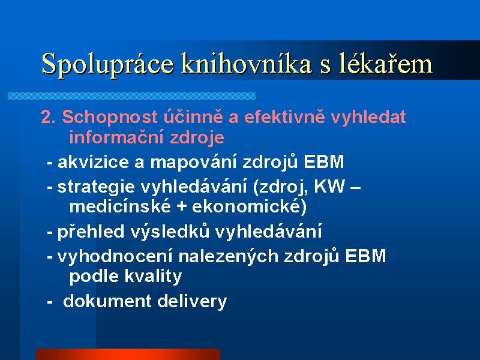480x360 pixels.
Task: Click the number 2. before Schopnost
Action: (49, 117)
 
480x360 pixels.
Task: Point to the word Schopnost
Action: (110, 118)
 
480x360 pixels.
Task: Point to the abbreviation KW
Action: (329, 187)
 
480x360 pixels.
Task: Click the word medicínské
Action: (120, 206)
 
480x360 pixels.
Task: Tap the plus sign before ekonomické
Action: (182, 207)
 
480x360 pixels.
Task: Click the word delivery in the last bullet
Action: (192, 302)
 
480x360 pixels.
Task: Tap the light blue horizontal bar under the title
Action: (131, 96)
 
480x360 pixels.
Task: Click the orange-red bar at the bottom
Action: (128, 354)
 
